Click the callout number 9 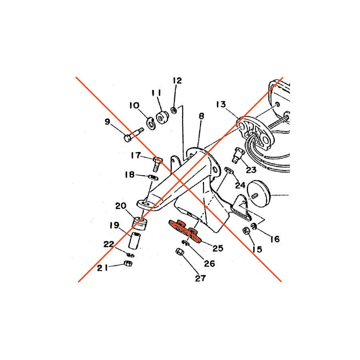(108, 122)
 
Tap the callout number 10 (134, 106)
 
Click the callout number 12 (177, 80)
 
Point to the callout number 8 (201, 116)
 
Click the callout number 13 (221, 104)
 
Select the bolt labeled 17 (157, 164)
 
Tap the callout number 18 (130, 175)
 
